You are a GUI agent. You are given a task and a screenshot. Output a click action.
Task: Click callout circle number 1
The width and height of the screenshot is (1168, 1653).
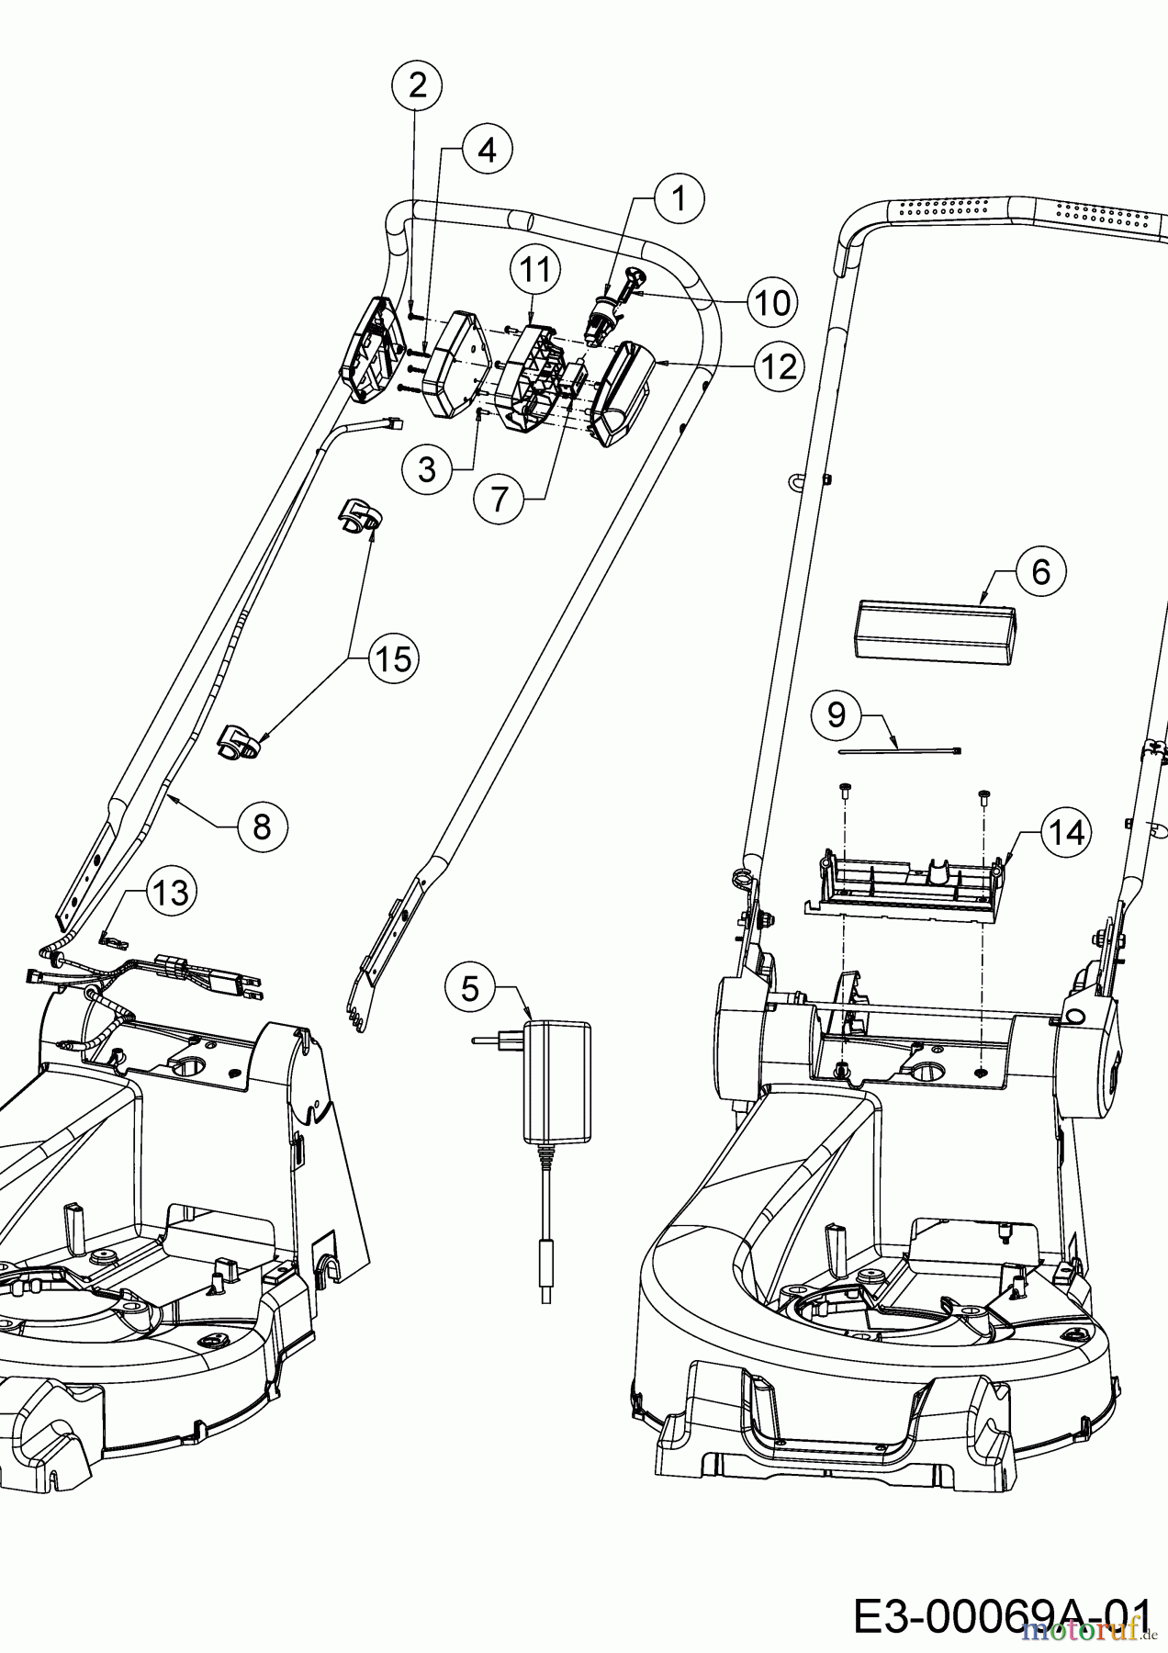(x=679, y=198)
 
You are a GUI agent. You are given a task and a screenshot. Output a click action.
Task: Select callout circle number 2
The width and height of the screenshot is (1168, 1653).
(x=417, y=85)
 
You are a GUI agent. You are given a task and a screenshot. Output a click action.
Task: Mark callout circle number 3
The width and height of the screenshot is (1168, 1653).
(x=427, y=470)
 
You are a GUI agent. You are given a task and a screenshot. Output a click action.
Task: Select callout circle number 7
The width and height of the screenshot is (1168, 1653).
(x=499, y=499)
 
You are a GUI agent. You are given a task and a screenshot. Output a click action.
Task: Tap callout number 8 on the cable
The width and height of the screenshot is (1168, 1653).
(x=262, y=826)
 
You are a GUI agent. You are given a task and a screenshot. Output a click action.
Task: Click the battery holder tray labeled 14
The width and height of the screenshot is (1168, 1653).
(x=904, y=886)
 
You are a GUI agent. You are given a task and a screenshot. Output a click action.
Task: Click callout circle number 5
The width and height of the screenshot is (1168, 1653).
(x=470, y=988)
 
